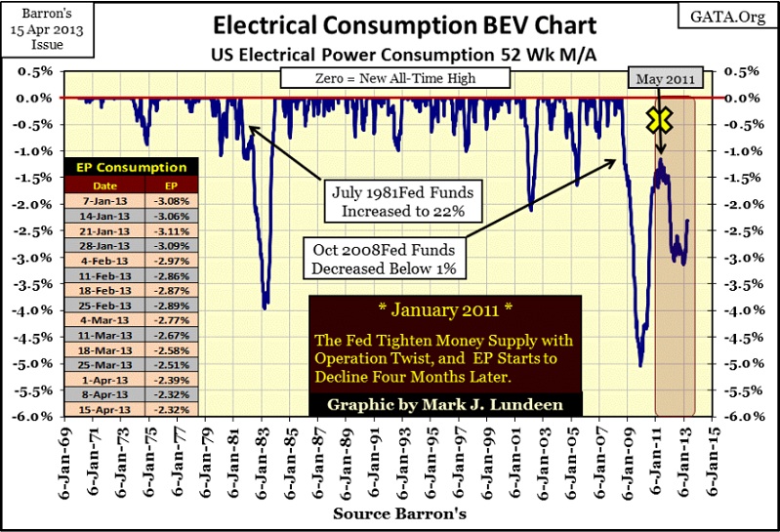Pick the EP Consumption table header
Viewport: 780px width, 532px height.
[x=131, y=167]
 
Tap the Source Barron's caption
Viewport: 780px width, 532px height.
[x=390, y=513]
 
